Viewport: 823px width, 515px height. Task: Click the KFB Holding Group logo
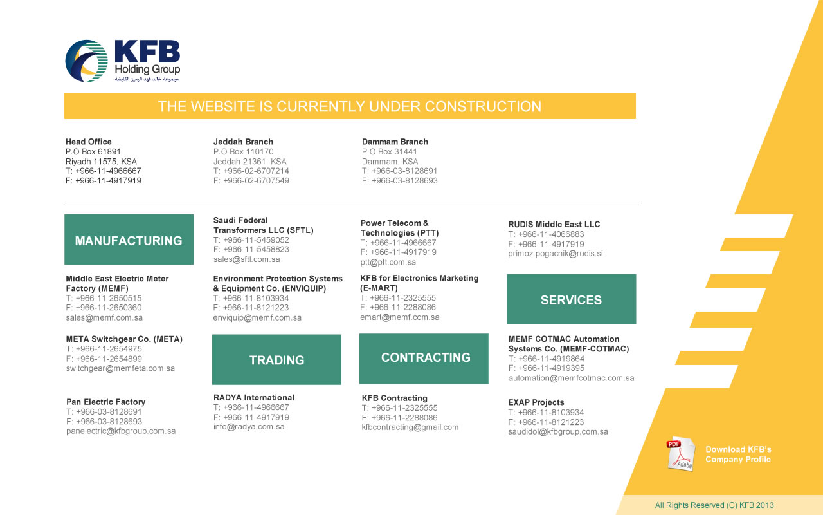(x=122, y=61)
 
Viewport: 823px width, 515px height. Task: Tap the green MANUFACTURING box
(x=129, y=240)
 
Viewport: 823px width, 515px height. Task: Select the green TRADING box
(x=276, y=360)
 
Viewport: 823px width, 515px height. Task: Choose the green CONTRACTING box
(x=424, y=358)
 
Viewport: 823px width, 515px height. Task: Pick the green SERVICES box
(x=571, y=300)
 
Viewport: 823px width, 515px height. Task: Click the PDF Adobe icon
(x=680, y=454)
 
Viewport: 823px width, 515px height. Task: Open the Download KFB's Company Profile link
(x=738, y=454)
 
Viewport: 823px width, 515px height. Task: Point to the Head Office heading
(x=89, y=142)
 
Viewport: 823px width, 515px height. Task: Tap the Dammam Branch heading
(x=395, y=142)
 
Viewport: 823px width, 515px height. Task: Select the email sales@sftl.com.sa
(x=247, y=259)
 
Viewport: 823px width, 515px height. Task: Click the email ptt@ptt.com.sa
(x=388, y=262)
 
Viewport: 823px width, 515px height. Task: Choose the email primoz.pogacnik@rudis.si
(x=556, y=254)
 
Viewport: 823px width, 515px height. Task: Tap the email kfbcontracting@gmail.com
(x=410, y=427)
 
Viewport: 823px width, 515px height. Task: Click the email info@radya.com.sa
(x=249, y=426)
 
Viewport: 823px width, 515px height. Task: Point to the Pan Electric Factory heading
(x=105, y=402)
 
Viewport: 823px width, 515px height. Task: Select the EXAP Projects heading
(x=536, y=402)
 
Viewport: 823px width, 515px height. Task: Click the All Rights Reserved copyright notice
(x=714, y=505)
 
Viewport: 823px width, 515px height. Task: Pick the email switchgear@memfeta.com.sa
(x=120, y=368)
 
